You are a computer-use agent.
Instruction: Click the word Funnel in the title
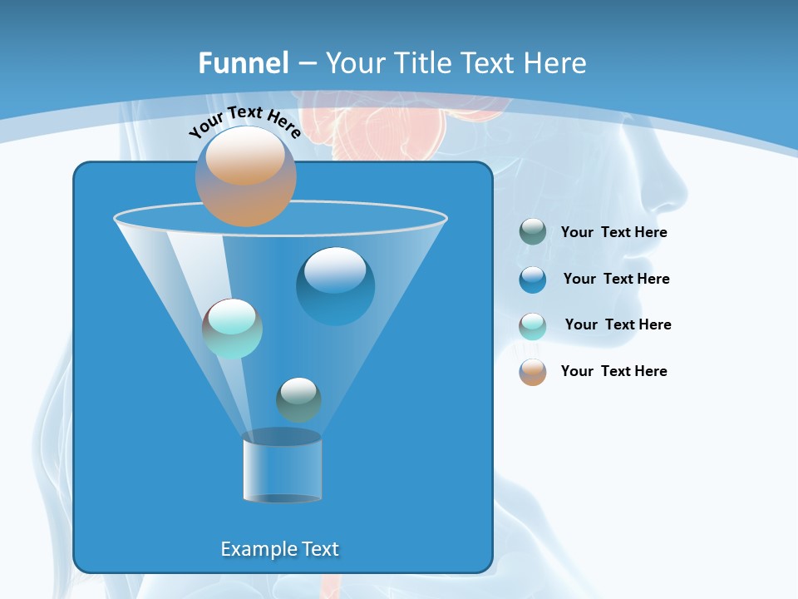[243, 63]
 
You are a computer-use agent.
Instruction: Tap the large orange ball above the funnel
[246, 176]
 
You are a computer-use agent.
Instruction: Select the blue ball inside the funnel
[335, 286]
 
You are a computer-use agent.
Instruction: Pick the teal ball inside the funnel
[233, 329]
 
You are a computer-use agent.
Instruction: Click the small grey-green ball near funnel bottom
[298, 399]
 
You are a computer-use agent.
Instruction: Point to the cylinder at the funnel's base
[282, 466]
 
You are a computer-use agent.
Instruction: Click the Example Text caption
[279, 549]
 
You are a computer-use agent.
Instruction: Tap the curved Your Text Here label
[244, 121]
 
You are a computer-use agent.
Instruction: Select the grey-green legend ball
[533, 232]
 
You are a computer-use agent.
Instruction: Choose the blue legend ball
[533, 280]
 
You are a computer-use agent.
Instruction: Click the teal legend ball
[533, 325]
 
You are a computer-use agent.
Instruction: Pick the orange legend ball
[533, 372]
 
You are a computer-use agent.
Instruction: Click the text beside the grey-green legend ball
[613, 233]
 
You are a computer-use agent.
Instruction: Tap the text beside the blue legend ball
[616, 280]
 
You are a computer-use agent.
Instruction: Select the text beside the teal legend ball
[618, 325]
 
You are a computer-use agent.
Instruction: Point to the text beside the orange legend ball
[613, 372]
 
